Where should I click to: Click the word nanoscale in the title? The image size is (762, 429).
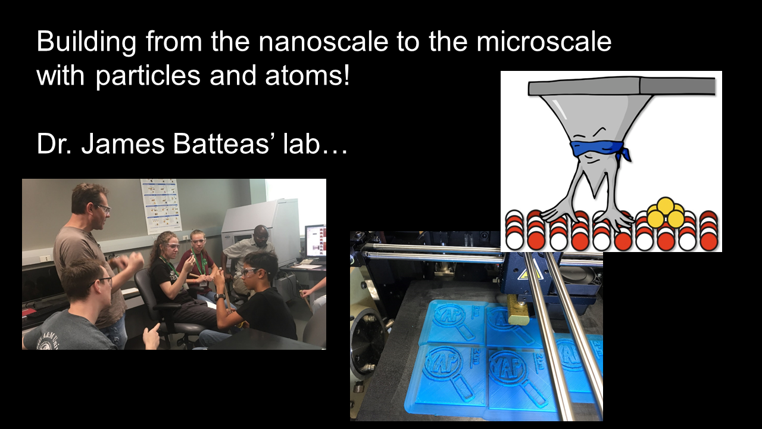323,42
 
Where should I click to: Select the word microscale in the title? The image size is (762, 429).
544,42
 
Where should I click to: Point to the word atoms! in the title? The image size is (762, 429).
307,76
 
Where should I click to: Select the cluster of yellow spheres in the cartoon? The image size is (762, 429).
666,213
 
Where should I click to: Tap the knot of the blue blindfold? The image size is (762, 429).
625,152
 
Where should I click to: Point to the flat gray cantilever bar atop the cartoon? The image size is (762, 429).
622,86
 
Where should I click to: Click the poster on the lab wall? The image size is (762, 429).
161,206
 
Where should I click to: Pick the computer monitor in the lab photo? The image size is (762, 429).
315,241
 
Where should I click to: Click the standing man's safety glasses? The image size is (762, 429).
103,207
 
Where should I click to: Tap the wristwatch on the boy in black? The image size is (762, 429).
220,297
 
